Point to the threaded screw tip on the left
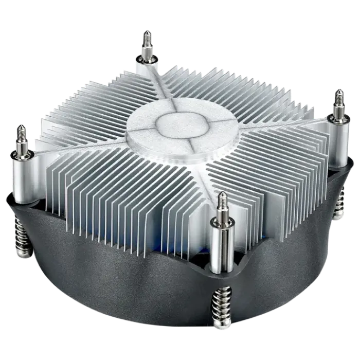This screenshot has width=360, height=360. point(21,135)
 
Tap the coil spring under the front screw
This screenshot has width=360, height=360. point(222,309)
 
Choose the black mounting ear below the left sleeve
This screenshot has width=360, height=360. point(21,198)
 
